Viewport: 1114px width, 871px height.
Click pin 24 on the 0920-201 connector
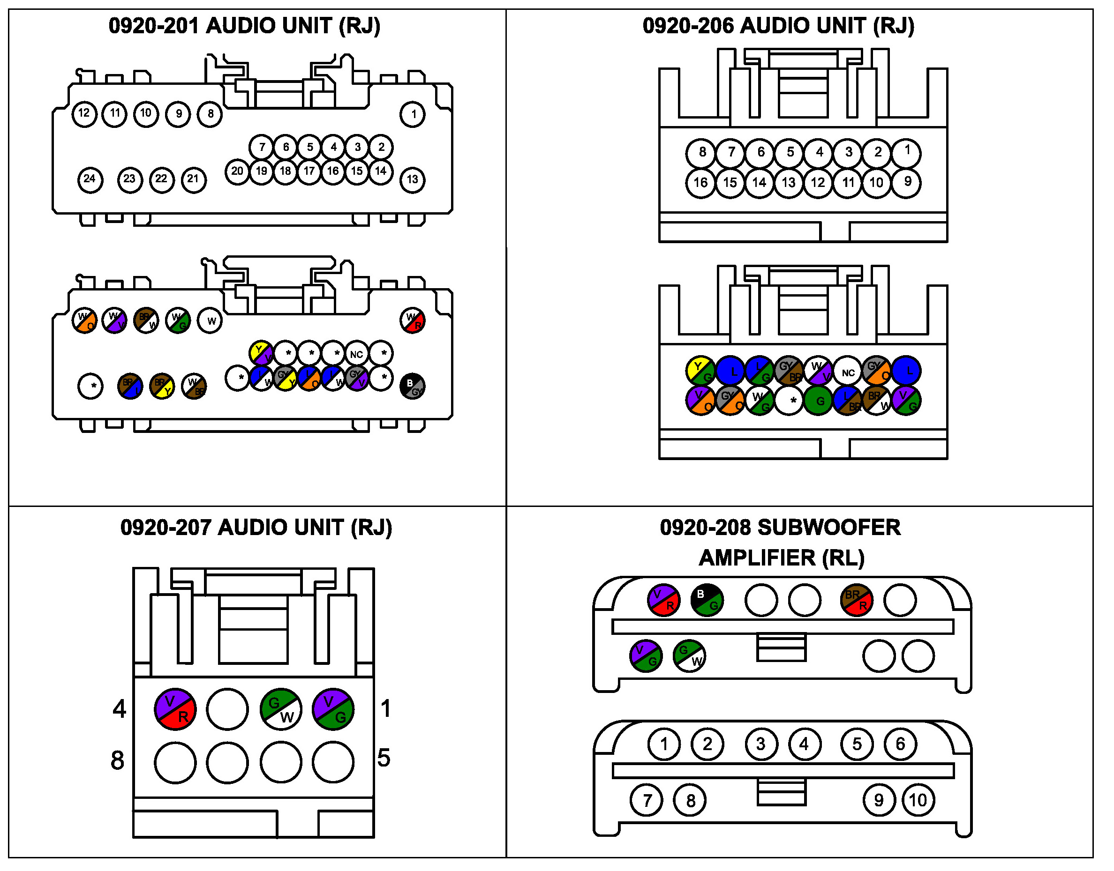pos(90,179)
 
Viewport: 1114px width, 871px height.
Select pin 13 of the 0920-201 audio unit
pos(412,179)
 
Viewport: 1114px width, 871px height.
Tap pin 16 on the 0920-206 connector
pos(700,183)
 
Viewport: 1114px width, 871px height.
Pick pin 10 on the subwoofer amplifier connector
pos(918,800)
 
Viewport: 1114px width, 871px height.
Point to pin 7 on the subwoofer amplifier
pos(647,800)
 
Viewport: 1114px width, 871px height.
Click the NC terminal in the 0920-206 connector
pos(848,372)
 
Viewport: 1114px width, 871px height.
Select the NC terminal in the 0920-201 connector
pos(356,354)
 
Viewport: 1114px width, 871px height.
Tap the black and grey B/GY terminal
pos(412,386)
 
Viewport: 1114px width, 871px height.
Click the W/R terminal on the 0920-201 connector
pos(412,321)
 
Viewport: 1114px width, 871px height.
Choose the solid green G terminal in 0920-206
pos(818,401)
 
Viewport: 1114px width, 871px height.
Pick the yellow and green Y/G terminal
pos(700,371)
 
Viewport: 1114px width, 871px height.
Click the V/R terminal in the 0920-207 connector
pos(175,709)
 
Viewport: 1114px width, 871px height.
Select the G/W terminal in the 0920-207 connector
pos(281,709)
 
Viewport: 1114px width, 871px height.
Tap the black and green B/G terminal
pos(707,600)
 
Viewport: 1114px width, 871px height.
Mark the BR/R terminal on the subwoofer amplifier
pos(856,600)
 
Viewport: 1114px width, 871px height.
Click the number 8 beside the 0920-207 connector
pos(117,760)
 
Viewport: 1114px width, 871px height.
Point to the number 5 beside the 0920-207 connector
pos(384,758)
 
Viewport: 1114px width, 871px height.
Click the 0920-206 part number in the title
pos(689,25)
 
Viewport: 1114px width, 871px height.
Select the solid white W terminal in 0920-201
pos(210,321)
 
